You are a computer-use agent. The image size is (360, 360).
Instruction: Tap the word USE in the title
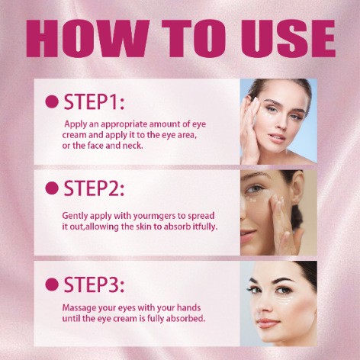click(288, 38)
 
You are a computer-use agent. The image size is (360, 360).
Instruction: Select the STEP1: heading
click(94, 102)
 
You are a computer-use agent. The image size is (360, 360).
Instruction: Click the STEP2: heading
click(94, 188)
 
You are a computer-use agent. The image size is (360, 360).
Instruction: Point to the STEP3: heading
click(94, 284)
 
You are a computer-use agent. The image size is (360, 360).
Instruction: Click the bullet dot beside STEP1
click(52, 101)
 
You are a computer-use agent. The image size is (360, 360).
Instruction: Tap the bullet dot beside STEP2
click(52, 188)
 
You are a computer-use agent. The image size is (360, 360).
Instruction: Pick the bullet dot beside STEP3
click(52, 284)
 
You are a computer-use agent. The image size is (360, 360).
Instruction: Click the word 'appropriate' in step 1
click(124, 125)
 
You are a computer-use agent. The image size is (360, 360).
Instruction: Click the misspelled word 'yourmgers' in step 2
click(154, 217)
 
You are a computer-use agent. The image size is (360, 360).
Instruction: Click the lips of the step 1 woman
click(277, 137)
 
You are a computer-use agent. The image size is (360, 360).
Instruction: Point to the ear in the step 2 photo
click(297, 188)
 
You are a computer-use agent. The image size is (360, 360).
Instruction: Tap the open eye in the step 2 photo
click(254, 189)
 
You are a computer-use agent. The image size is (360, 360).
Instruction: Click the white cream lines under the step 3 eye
click(284, 301)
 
